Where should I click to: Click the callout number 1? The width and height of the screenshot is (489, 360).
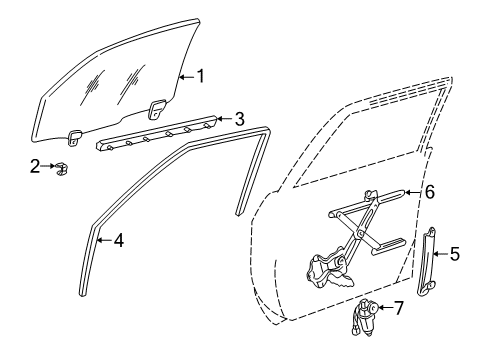pyautogui.click(x=201, y=75)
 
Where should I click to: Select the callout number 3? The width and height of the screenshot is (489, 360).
pyautogui.click(x=238, y=119)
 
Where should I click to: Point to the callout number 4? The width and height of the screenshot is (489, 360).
pyautogui.click(x=118, y=239)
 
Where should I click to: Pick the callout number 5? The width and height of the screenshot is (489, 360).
pyautogui.click(x=454, y=255)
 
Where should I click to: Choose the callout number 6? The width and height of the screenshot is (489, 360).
pyautogui.click(x=430, y=189)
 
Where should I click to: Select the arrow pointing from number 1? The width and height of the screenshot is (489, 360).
pyautogui.click(x=185, y=75)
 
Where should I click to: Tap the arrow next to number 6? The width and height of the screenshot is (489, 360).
pyautogui.click(x=413, y=189)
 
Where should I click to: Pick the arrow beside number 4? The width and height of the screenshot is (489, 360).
pyautogui.click(x=103, y=239)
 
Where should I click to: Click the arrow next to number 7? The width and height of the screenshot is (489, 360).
pyautogui.click(x=384, y=307)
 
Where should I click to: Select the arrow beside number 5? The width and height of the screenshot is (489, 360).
pyautogui.click(x=439, y=255)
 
